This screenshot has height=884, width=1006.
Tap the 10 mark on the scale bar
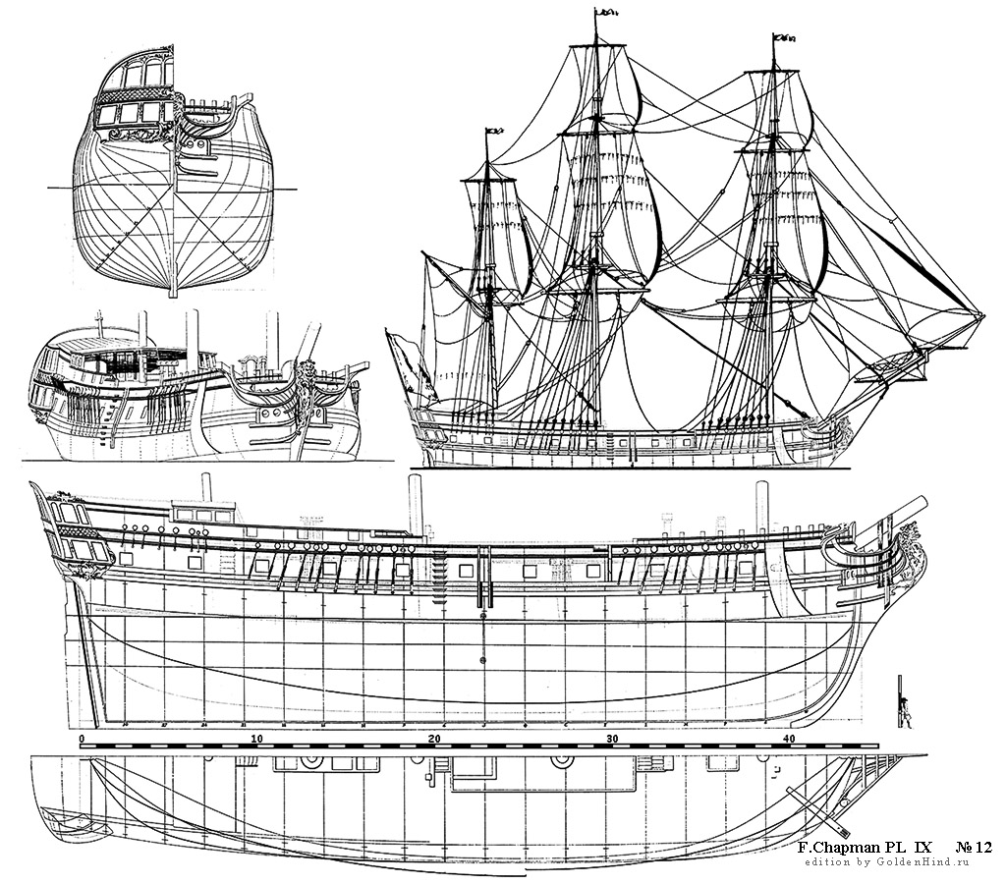click(256, 738)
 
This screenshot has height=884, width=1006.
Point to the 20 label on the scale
click(433, 738)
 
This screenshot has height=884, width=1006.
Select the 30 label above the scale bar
click(611, 738)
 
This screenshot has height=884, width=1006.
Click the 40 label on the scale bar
click(788, 738)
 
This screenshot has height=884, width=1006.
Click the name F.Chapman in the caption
click(837, 846)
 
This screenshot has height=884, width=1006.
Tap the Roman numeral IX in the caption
click(922, 846)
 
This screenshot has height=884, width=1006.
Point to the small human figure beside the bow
click(903, 710)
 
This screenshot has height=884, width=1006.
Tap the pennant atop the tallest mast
click(606, 13)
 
